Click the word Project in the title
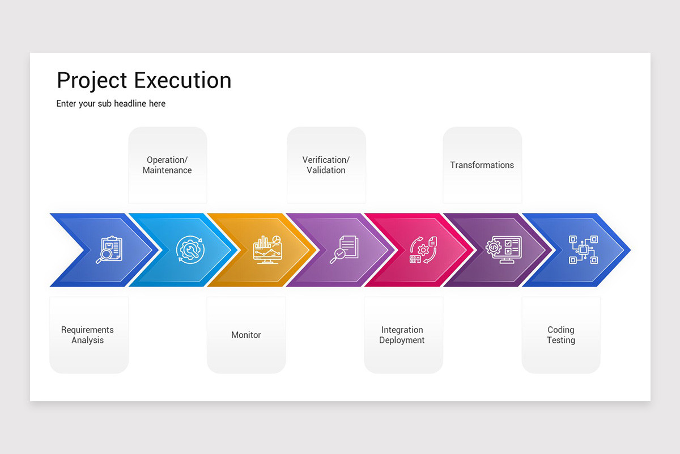point(91,81)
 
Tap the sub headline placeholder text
point(111,104)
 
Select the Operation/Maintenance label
point(167,165)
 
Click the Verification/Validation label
point(326,165)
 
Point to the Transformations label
point(482,165)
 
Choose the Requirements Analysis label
point(87,335)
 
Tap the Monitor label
point(246,335)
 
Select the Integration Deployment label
point(402,335)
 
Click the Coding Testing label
point(560,335)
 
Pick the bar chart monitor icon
point(267,250)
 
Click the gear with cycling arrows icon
point(423,250)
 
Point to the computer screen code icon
point(503,250)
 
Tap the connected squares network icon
point(583,250)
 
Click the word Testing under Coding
point(560,340)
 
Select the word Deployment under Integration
point(402,340)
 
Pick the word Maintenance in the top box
point(167,170)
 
